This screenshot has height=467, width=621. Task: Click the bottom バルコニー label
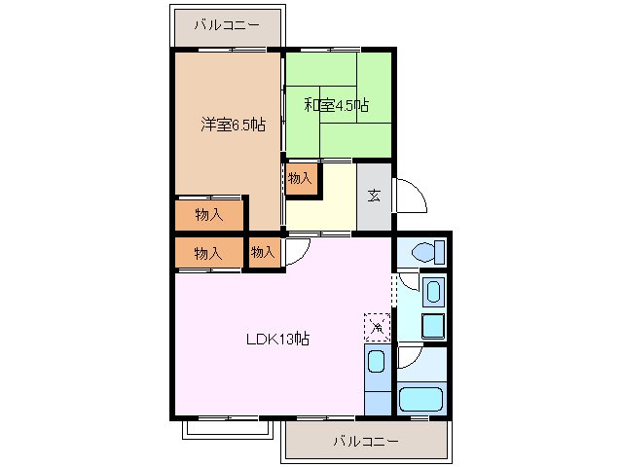(365, 441)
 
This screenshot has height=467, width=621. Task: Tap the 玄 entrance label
(374, 195)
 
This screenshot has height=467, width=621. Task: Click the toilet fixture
(425, 252)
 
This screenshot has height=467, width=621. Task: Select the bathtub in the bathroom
(421, 399)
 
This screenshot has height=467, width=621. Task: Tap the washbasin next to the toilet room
(433, 292)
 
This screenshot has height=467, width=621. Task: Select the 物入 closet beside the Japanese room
(301, 178)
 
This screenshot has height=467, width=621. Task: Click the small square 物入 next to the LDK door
(263, 252)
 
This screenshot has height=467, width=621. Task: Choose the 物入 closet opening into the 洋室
(208, 214)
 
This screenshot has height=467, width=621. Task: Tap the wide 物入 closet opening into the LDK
(208, 253)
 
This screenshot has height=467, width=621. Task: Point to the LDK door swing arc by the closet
(297, 249)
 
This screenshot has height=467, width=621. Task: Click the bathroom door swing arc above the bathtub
(409, 359)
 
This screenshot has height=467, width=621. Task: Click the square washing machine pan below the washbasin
(433, 325)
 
